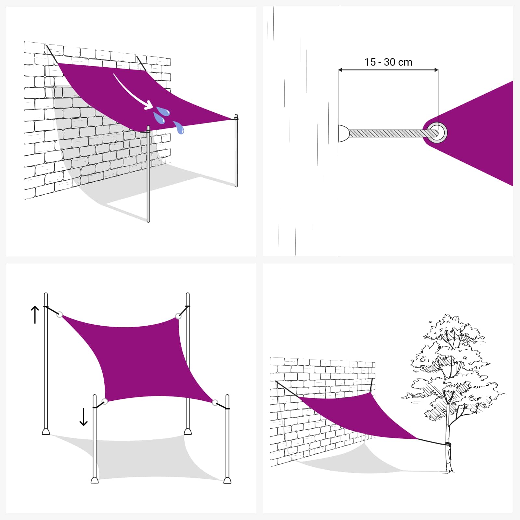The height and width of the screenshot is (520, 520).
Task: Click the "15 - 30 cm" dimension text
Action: point(388,62)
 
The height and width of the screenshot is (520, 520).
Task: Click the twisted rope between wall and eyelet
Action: point(390,133)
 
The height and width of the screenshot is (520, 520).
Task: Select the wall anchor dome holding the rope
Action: point(343,133)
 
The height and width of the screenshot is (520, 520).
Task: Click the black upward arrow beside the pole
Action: point(35,315)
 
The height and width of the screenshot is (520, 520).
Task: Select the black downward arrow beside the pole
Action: point(84,417)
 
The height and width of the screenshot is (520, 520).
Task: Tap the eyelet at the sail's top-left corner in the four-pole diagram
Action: point(59,314)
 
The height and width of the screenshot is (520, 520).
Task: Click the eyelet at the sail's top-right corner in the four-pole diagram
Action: point(178,316)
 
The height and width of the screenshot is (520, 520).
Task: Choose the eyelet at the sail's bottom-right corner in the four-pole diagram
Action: point(215,403)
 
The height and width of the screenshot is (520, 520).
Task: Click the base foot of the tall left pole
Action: point(46,432)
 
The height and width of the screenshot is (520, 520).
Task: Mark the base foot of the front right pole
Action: point(227,480)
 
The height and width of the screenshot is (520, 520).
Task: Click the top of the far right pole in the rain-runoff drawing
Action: point(236,117)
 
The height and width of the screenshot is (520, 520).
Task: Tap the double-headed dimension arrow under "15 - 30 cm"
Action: point(388,70)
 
